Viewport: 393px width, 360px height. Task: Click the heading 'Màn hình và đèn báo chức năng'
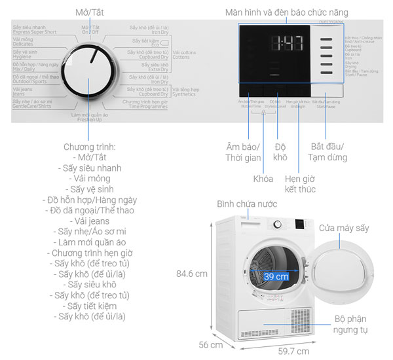[x=296, y=12]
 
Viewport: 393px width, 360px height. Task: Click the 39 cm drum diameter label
[x=276, y=276]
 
